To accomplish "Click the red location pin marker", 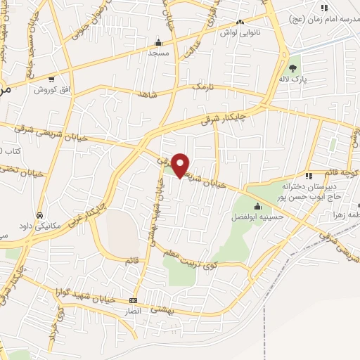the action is tap(181, 165).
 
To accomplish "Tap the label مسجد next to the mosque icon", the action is tap(158, 53).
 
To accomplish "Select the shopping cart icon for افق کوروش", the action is tap(52, 79).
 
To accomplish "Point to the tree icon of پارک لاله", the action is tap(292, 68).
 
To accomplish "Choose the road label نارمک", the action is tap(201, 86).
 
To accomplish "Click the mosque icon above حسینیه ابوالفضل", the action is tap(257, 206).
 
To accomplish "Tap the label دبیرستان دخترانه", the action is tap(307, 188).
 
